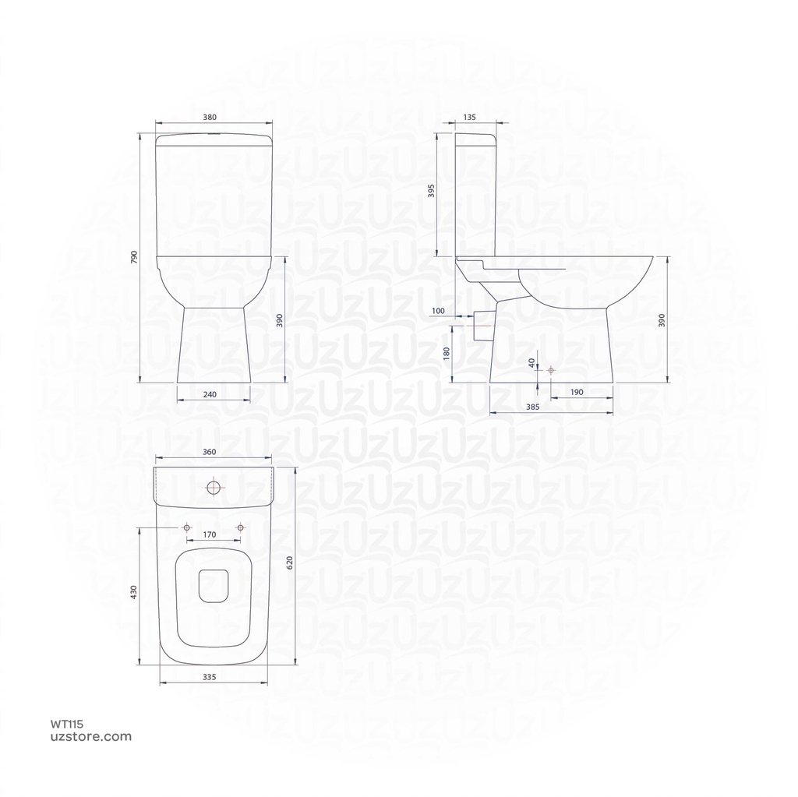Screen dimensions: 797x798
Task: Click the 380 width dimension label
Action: coord(209,117)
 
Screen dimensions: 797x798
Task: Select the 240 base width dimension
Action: coord(210,394)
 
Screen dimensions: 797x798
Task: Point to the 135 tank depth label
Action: coord(469,117)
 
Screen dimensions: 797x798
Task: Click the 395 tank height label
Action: coord(432,191)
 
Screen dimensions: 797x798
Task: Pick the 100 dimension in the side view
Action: coord(438,311)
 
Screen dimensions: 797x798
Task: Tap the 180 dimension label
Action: coord(446,354)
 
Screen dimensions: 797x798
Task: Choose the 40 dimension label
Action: coord(531,362)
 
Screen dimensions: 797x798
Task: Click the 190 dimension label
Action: coord(577,392)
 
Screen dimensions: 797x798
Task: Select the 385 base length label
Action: coord(532,407)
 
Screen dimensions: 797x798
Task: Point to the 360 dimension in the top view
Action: coord(209,452)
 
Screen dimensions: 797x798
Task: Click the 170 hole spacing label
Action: coord(210,534)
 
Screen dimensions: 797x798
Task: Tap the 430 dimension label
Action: coord(133,592)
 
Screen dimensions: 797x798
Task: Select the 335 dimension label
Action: coord(209,678)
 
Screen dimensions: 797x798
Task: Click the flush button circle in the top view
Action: coord(214,489)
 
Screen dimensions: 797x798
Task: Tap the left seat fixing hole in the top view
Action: coord(186,528)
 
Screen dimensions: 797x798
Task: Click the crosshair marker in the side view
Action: coord(550,370)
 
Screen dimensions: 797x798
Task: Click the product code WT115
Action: coord(66,724)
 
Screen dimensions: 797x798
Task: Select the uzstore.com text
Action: coord(90,736)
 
